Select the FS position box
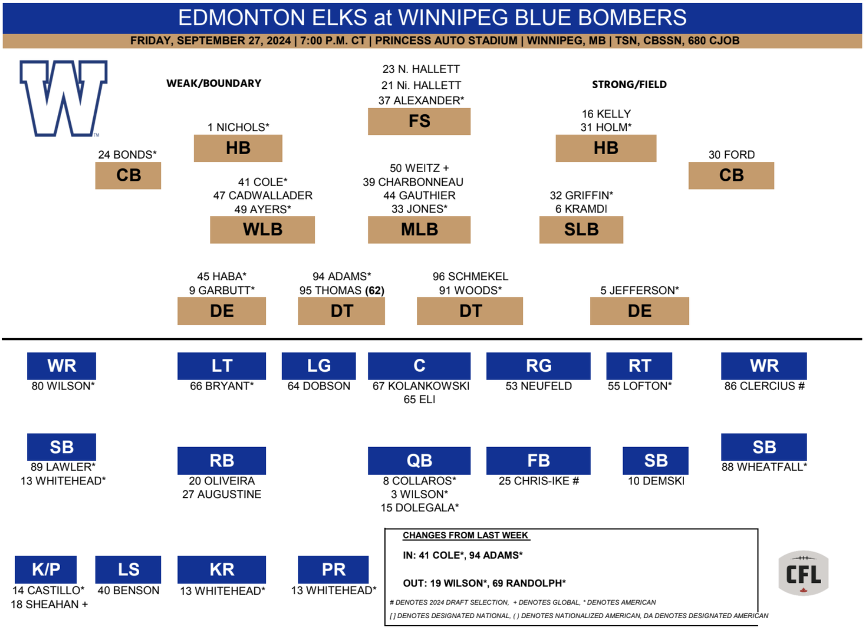(x=419, y=121)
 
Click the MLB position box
(x=419, y=229)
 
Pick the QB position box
(x=419, y=461)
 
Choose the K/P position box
(x=45, y=569)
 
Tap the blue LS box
(x=128, y=569)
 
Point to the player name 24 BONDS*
(x=127, y=155)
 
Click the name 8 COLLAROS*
(x=419, y=481)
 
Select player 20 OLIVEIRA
(x=221, y=481)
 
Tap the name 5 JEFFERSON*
(x=639, y=290)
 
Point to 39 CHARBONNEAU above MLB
(x=412, y=182)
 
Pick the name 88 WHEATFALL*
(x=764, y=467)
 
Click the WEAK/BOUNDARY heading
(x=214, y=83)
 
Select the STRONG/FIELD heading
(x=629, y=84)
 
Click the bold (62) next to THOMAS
(x=375, y=290)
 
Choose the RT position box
(x=639, y=366)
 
